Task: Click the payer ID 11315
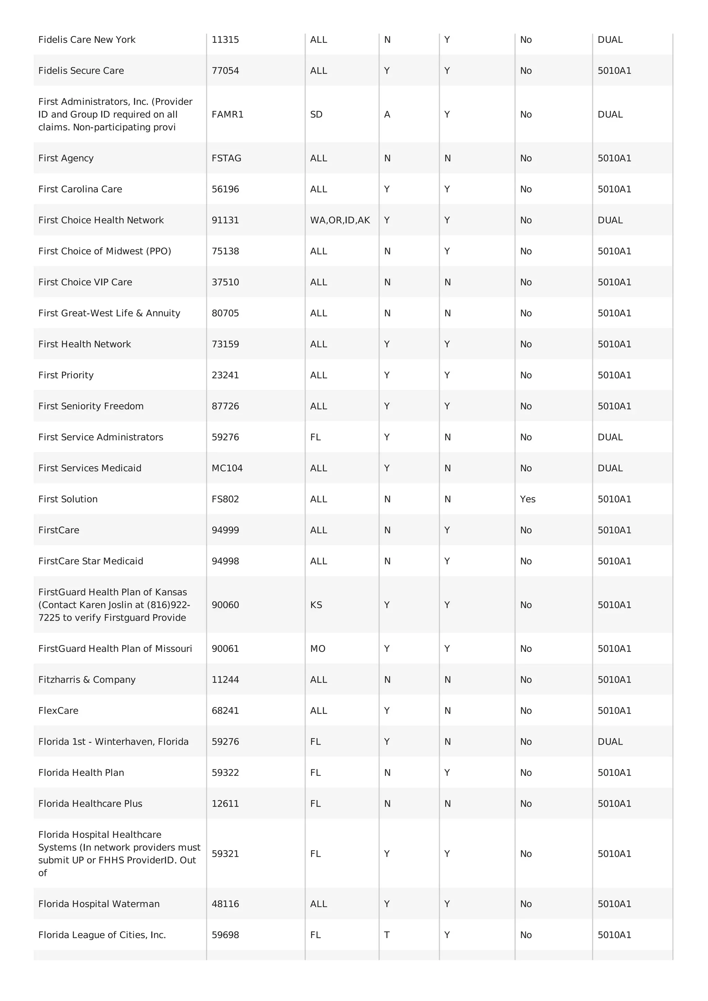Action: (x=225, y=40)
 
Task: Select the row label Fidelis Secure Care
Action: (x=81, y=70)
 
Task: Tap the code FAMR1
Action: (x=227, y=114)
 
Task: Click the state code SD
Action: (x=316, y=114)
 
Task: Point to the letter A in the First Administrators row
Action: (x=387, y=114)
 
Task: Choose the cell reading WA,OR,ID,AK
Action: (x=340, y=220)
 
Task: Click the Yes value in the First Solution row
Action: (x=528, y=499)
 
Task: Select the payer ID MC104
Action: (x=227, y=468)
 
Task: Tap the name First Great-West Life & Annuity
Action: (x=109, y=313)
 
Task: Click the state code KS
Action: (x=316, y=605)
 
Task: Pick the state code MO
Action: (x=318, y=649)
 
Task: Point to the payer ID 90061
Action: (x=225, y=649)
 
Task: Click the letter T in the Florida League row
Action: (x=386, y=935)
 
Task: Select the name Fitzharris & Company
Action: (x=87, y=680)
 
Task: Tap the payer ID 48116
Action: (x=225, y=904)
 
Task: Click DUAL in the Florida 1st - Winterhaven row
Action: (x=610, y=742)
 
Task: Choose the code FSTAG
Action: (x=226, y=158)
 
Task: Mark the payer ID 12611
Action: (x=225, y=803)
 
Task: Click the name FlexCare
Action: (x=58, y=711)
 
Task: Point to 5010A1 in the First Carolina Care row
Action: (x=614, y=189)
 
